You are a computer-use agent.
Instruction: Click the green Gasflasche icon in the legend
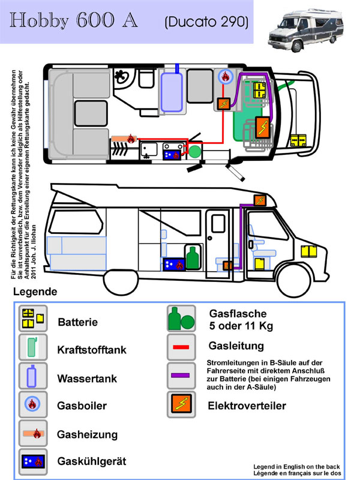(181, 318)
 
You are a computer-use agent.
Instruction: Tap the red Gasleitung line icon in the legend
(181, 347)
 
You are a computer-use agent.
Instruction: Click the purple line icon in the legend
(181, 375)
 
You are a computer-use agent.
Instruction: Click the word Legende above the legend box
(34, 292)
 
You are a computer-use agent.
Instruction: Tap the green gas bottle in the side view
(192, 258)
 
